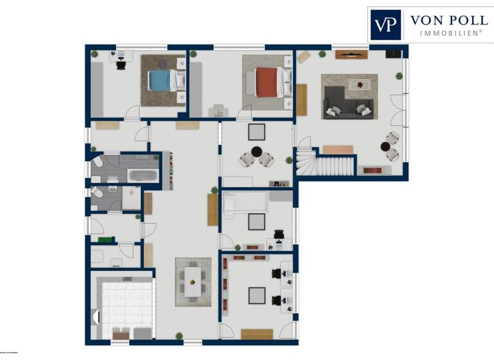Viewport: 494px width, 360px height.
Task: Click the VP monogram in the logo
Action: [385, 24]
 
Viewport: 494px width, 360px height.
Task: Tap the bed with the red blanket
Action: [266, 82]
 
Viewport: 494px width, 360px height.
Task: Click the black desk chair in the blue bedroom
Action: [121, 63]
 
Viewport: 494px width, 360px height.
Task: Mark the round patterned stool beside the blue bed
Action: [162, 64]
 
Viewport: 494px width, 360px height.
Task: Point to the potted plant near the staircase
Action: [289, 160]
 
